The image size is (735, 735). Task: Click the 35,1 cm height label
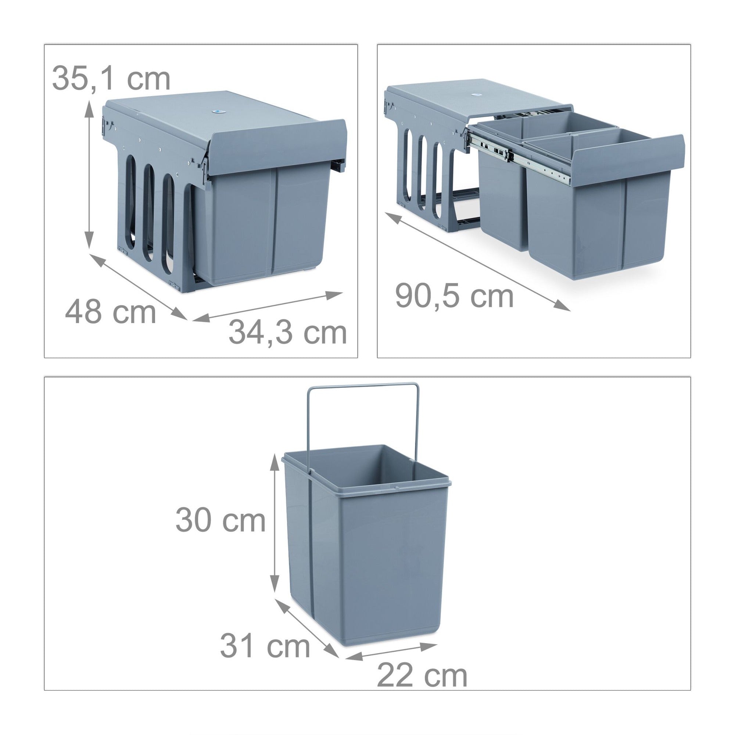pos(111,78)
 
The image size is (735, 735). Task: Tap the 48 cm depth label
pos(111,312)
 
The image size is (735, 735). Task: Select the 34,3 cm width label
pos(288,333)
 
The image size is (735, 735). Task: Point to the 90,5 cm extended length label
pos(454,296)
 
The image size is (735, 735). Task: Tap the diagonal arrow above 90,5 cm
pos(477,262)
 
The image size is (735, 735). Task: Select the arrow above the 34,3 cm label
pos(268,306)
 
